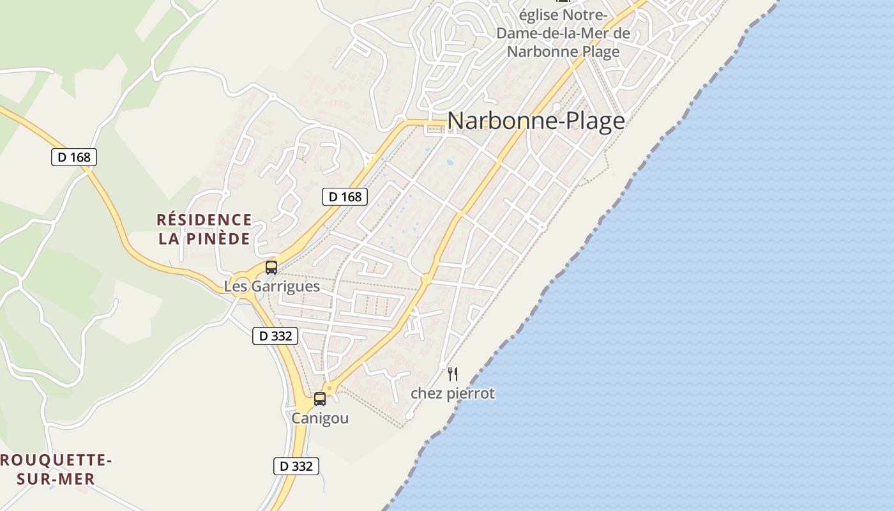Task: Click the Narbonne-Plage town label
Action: [x=536, y=121]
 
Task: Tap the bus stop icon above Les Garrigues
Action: [x=271, y=267]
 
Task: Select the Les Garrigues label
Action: [x=271, y=286]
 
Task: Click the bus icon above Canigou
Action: [x=320, y=399]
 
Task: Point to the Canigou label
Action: [x=320, y=418]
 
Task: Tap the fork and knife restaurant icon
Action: [x=453, y=374]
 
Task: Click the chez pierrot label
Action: [x=453, y=393]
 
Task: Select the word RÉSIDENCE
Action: [x=204, y=220]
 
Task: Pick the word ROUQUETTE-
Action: [x=56, y=460]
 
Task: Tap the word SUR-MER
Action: [x=56, y=479]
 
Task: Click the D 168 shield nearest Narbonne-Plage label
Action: [x=345, y=197]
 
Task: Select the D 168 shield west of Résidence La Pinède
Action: [x=74, y=156]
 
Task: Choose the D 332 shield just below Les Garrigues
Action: [x=275, y=335]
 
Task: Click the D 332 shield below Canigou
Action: [x=296, y=466]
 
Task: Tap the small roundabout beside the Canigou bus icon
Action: [x=330, y=387]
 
